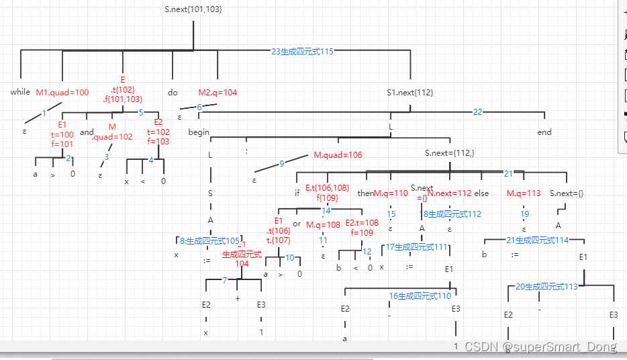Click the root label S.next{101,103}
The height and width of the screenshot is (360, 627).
pos(193,9)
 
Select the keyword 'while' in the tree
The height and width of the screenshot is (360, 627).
pos(20,92)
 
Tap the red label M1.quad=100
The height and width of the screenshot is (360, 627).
pos(62,93)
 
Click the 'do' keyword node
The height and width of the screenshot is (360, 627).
pos(173,92)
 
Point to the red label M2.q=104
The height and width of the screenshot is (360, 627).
pos(218,93)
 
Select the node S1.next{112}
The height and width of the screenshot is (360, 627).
pos(409,93)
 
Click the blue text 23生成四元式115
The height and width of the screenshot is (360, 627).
pos(302,51)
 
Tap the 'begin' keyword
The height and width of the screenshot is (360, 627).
pos(199,132)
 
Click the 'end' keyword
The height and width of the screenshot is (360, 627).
pos(544,132)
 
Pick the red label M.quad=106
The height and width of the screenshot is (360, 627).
pos(338,155)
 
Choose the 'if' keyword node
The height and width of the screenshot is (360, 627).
pos(297,193)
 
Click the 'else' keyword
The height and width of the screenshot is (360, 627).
pos(481,193)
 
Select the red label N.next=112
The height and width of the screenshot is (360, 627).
pos(450,193)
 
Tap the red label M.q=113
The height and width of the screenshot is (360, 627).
pos(524,193)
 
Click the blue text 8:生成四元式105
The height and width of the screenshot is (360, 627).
pos(209,240)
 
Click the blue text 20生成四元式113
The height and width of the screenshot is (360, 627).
pos(546,286)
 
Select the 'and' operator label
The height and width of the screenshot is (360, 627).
pos(87,132)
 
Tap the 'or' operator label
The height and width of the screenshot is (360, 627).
pos(297,224)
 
